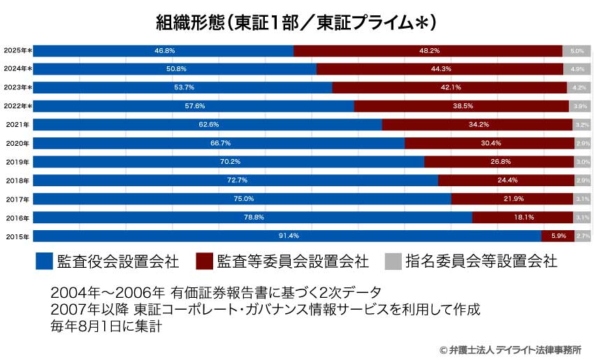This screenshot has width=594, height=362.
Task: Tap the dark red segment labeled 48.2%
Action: coord(428,51)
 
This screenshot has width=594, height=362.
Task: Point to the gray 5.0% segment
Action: coord(577,51)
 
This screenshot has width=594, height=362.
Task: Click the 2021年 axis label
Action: coord(17,125)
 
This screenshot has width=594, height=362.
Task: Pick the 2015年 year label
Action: coord(17,236)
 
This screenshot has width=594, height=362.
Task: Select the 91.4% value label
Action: coord(287,236)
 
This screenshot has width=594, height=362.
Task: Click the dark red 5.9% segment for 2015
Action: coord(558,236)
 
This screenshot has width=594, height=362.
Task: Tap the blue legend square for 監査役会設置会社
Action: coord(44,262)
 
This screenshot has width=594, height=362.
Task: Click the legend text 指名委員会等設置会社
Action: coord(481,262)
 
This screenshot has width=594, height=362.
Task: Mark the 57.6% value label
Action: coord(194,106)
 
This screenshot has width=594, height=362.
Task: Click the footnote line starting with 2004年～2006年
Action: coord(216,291)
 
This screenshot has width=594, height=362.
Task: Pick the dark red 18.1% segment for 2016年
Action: coord(523,218)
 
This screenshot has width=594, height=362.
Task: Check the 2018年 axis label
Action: coord(17,181)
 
